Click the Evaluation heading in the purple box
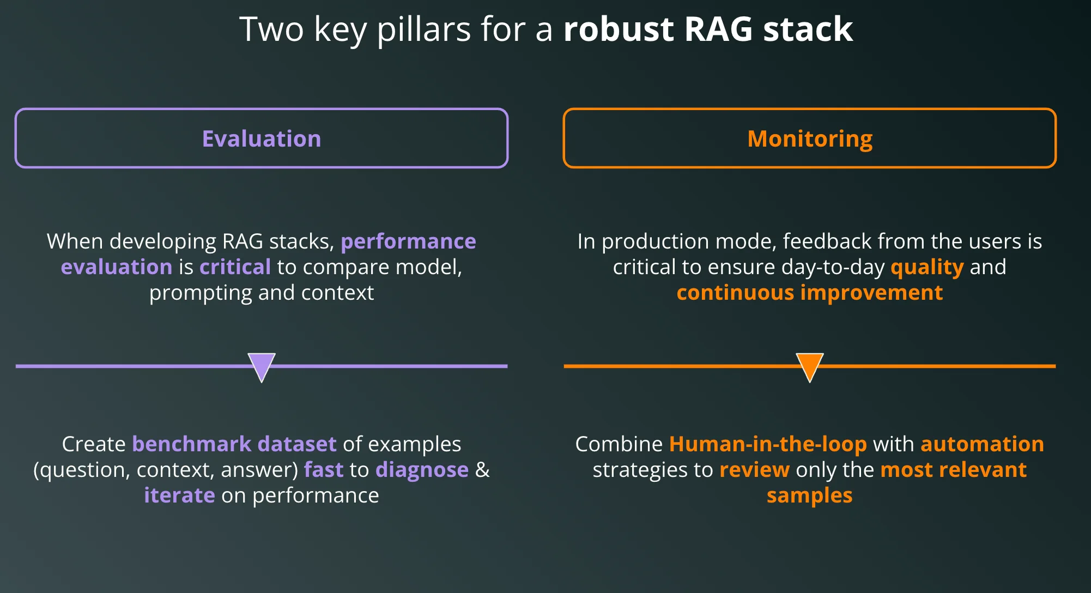coord(262,139)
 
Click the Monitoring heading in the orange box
coord(810,139)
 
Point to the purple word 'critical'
coord(235,267)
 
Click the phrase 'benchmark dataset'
coord(234,444)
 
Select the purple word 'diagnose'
coord(422,470)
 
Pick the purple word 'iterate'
coord(179,495)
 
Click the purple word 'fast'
coord(324,470)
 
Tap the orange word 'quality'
coord(927,267)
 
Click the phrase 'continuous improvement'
coord(810,293)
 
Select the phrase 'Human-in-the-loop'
coord(768,444)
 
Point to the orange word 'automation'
coord(982,444)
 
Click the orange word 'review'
coord(754,470)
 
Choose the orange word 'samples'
coord(810,495)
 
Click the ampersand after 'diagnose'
coord(482,470)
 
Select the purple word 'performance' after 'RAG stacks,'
coord(408,241)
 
